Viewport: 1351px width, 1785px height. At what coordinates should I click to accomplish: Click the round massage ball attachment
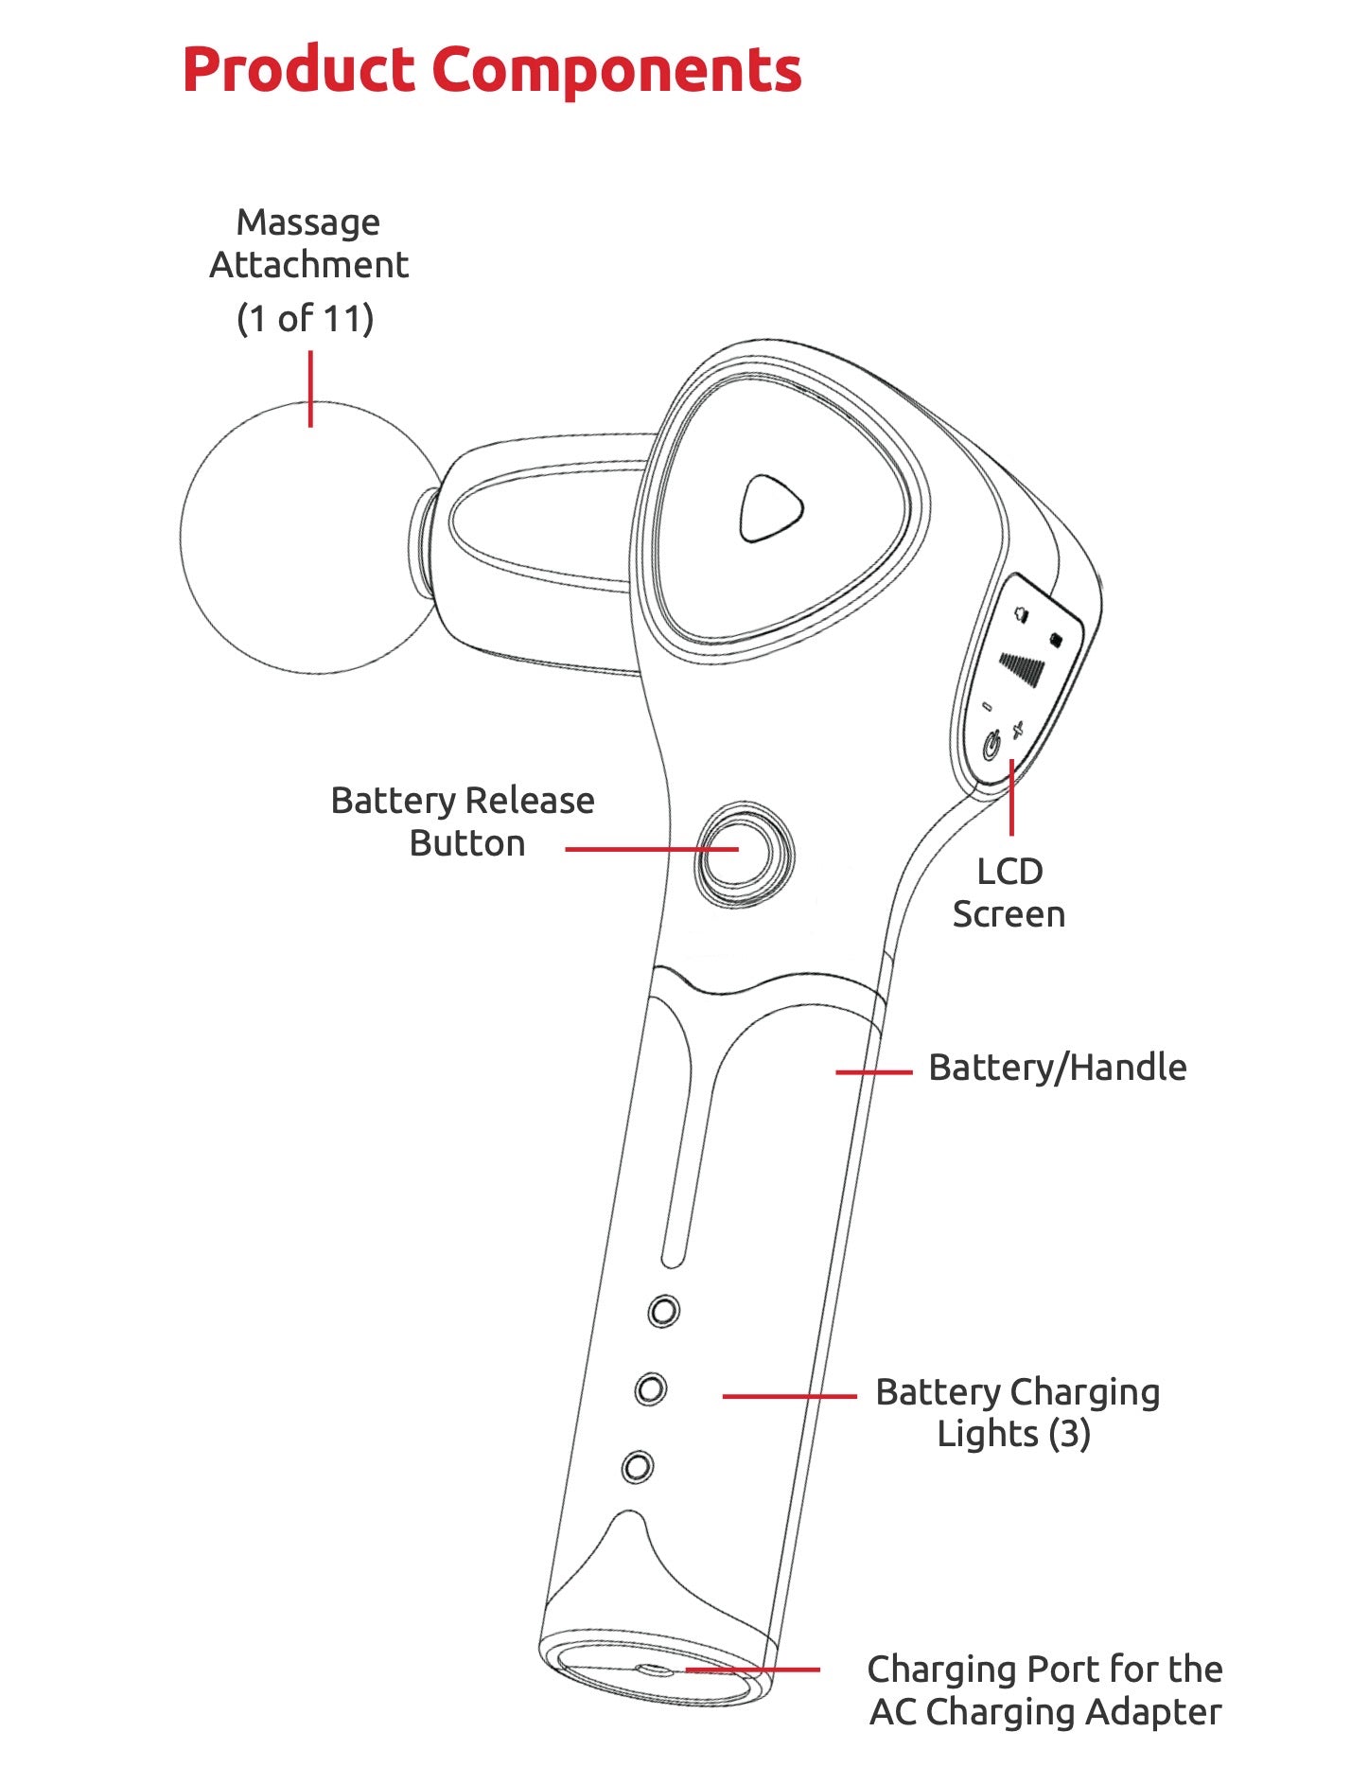click(x=307, y=538)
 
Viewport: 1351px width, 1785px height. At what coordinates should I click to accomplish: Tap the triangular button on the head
click(x=770, y=509)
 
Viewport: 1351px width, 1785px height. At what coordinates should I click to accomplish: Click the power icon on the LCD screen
click(x=991, y=746)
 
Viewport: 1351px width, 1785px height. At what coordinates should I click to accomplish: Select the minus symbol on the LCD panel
click(x=987, y=706)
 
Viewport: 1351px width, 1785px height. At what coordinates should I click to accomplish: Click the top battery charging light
click(x=663, y=1311)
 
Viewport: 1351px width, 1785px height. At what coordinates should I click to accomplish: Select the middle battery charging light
click(x=650, y=1389)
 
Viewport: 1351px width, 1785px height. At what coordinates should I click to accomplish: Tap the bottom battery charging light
click(x=637, y=1467)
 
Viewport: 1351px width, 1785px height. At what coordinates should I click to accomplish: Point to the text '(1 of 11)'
click(x=305, y=319)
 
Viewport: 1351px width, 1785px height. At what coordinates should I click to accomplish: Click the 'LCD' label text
click(x=1009, y=872)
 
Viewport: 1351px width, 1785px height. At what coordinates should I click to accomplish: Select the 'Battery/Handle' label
click(x=1057, y=1068)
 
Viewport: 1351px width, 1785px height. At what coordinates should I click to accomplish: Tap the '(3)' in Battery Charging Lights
click(x=1069, y=1434)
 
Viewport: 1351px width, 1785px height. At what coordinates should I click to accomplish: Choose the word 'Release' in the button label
click(x=529, y=801)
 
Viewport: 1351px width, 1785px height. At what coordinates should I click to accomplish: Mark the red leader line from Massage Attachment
click(x=310, y=388)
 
